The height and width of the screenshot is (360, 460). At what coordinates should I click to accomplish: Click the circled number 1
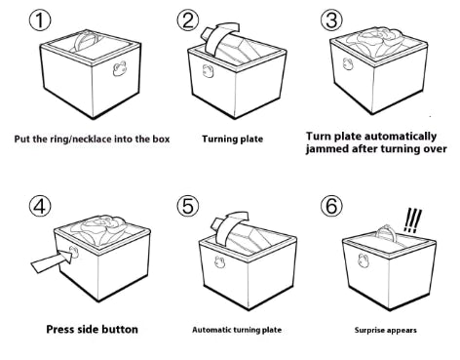tap(39, 21)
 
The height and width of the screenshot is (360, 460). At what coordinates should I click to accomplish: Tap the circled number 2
tap(187, 21)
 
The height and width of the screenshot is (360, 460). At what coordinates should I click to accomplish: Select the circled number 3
tap(332, 21)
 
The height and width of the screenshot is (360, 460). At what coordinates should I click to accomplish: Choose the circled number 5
tap(187, 207)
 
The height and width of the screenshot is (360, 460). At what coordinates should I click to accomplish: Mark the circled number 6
tap(332, 207)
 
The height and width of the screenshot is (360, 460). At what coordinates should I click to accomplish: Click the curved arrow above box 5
tap(228, 222)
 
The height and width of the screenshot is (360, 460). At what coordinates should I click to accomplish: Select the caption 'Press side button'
tap(92, 329)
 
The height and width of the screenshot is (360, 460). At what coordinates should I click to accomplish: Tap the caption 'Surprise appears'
tap(384, 330)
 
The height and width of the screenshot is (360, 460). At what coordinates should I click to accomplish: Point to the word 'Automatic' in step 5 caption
tap(213, 330)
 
